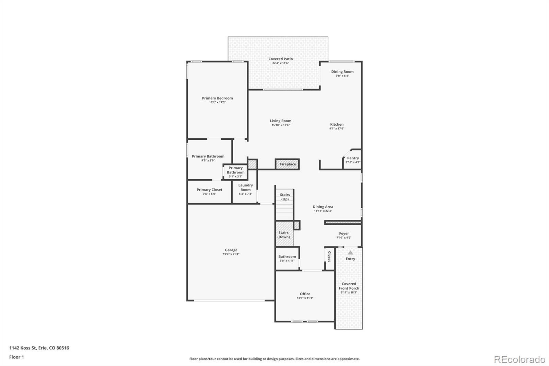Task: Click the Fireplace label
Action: [x=288, y=164]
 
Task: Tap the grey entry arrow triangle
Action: [x=350, y=252]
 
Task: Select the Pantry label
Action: [x=353, y=158]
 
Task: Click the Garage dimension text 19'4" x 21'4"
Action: [x=231, y=254]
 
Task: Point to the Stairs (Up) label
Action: [x=285, y=197]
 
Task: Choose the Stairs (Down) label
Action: [x=283, y=235]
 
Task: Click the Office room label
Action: [x=305, y=294]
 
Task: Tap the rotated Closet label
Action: [x=329, y=256]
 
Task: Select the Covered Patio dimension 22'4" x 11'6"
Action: [x=281, y=63]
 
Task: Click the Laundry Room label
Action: [x=246, y=187]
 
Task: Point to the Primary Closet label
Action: [x=209, y=190]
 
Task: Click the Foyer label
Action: [x=344, y=233]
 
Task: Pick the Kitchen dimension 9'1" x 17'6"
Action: [x=337, y=128]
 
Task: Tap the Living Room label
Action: [x=281, y=121]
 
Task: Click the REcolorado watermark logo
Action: [x=519, y=359]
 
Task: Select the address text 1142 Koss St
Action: [x=23, y=348]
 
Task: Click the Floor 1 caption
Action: [x=17, y=357]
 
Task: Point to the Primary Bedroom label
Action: [x=218, y=98]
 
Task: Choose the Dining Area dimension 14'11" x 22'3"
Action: [x=323, y=211]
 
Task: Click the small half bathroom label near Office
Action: [x=287, y=256]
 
